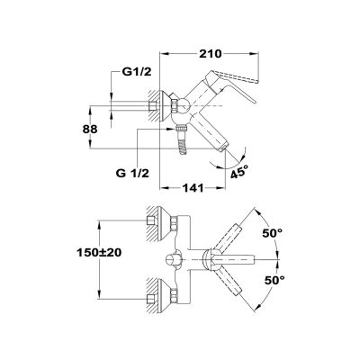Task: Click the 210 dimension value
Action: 210,54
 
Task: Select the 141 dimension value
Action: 193,188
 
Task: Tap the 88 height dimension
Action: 90,129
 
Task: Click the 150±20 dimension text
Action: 99,253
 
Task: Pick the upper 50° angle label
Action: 273,233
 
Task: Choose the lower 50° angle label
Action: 274,281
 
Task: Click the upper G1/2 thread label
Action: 137,72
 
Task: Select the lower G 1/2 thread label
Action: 132,173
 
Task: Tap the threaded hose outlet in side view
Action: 183,139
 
